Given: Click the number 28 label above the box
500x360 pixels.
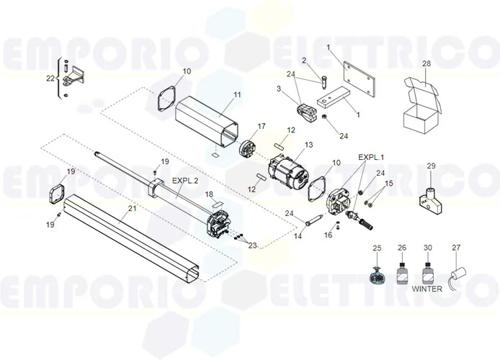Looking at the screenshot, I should pyautogui.click(x=427, y=64).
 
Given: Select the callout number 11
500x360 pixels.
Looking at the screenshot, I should pyautogui.click(x=217, y=94).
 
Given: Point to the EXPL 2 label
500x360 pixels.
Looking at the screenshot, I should pyautogui.click(x=185, y=181).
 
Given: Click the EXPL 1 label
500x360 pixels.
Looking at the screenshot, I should pyautogui.click(x=372, y=157).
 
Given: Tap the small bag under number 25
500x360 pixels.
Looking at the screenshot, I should pyautogui.click(x=377, y=274).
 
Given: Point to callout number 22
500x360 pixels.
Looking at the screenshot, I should pyautogui.click(x=50, y=78).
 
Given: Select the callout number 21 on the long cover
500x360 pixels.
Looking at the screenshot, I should pyautogui.click(x=131, y=209).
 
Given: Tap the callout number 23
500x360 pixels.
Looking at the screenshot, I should pyautogui.click(x=251, y=246).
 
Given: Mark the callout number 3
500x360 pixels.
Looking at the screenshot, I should pyautogui.click(x=278, y=89).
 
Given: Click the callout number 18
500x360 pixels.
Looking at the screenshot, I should pyautogui.click(x=209, y=195).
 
